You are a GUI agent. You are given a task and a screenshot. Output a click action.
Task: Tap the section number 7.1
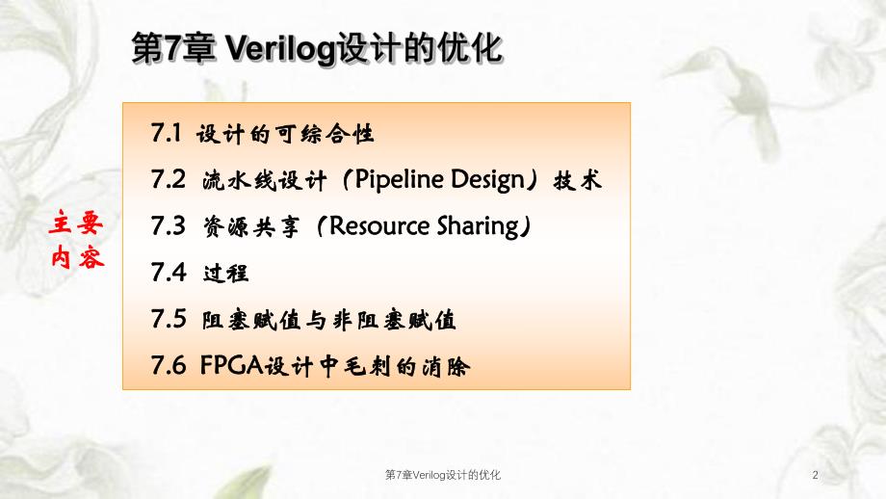coord(167,133)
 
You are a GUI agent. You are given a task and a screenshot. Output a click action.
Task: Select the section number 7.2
coord(167,179)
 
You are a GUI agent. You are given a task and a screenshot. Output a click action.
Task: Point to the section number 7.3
coord(167,225)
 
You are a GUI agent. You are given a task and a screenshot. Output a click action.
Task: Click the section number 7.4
coord(167,272)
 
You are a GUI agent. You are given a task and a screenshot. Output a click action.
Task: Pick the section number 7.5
coord(167,318)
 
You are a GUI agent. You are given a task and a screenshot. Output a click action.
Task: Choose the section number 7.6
coord(167,365)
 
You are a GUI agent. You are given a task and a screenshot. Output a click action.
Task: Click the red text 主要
coord(76,224)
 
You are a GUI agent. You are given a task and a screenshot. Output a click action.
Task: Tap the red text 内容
coord(76,258)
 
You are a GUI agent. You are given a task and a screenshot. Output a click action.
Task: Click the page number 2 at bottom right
coord(816,475)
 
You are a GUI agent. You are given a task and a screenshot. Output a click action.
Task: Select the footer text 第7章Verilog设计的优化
coord(442,475)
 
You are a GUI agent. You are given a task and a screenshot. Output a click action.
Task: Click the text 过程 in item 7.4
coord(226,273)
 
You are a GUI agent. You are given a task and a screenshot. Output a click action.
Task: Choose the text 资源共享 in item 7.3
coord(250,225)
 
